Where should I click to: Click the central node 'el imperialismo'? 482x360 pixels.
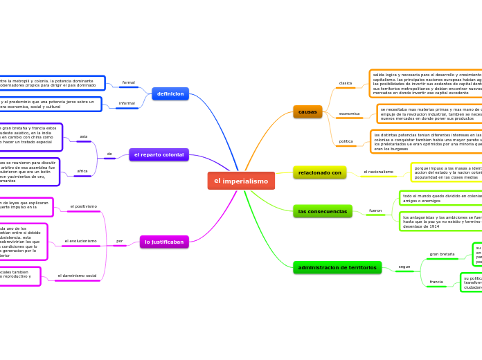241,181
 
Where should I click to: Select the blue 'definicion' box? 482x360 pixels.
170,93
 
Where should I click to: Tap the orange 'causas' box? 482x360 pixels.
307,111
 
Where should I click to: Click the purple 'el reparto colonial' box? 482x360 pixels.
159,154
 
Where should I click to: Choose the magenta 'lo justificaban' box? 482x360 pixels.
164,242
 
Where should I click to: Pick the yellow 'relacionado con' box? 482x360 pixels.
319,172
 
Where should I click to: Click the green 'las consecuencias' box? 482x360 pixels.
322,210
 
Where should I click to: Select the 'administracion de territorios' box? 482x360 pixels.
337,267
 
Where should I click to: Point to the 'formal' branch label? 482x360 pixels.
129,82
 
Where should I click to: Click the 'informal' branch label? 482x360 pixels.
127,103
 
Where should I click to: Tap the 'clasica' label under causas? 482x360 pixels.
345,83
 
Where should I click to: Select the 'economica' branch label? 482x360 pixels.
349,113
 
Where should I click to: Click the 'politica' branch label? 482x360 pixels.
346,141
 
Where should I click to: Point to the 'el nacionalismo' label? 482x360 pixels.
378,172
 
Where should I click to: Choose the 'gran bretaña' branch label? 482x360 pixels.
442,254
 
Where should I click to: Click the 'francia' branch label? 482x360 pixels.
436,282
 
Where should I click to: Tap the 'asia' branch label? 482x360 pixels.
84,136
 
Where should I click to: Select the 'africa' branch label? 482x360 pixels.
82,170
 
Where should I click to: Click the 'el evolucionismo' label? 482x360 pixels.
80,241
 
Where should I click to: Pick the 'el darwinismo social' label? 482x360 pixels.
77,276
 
